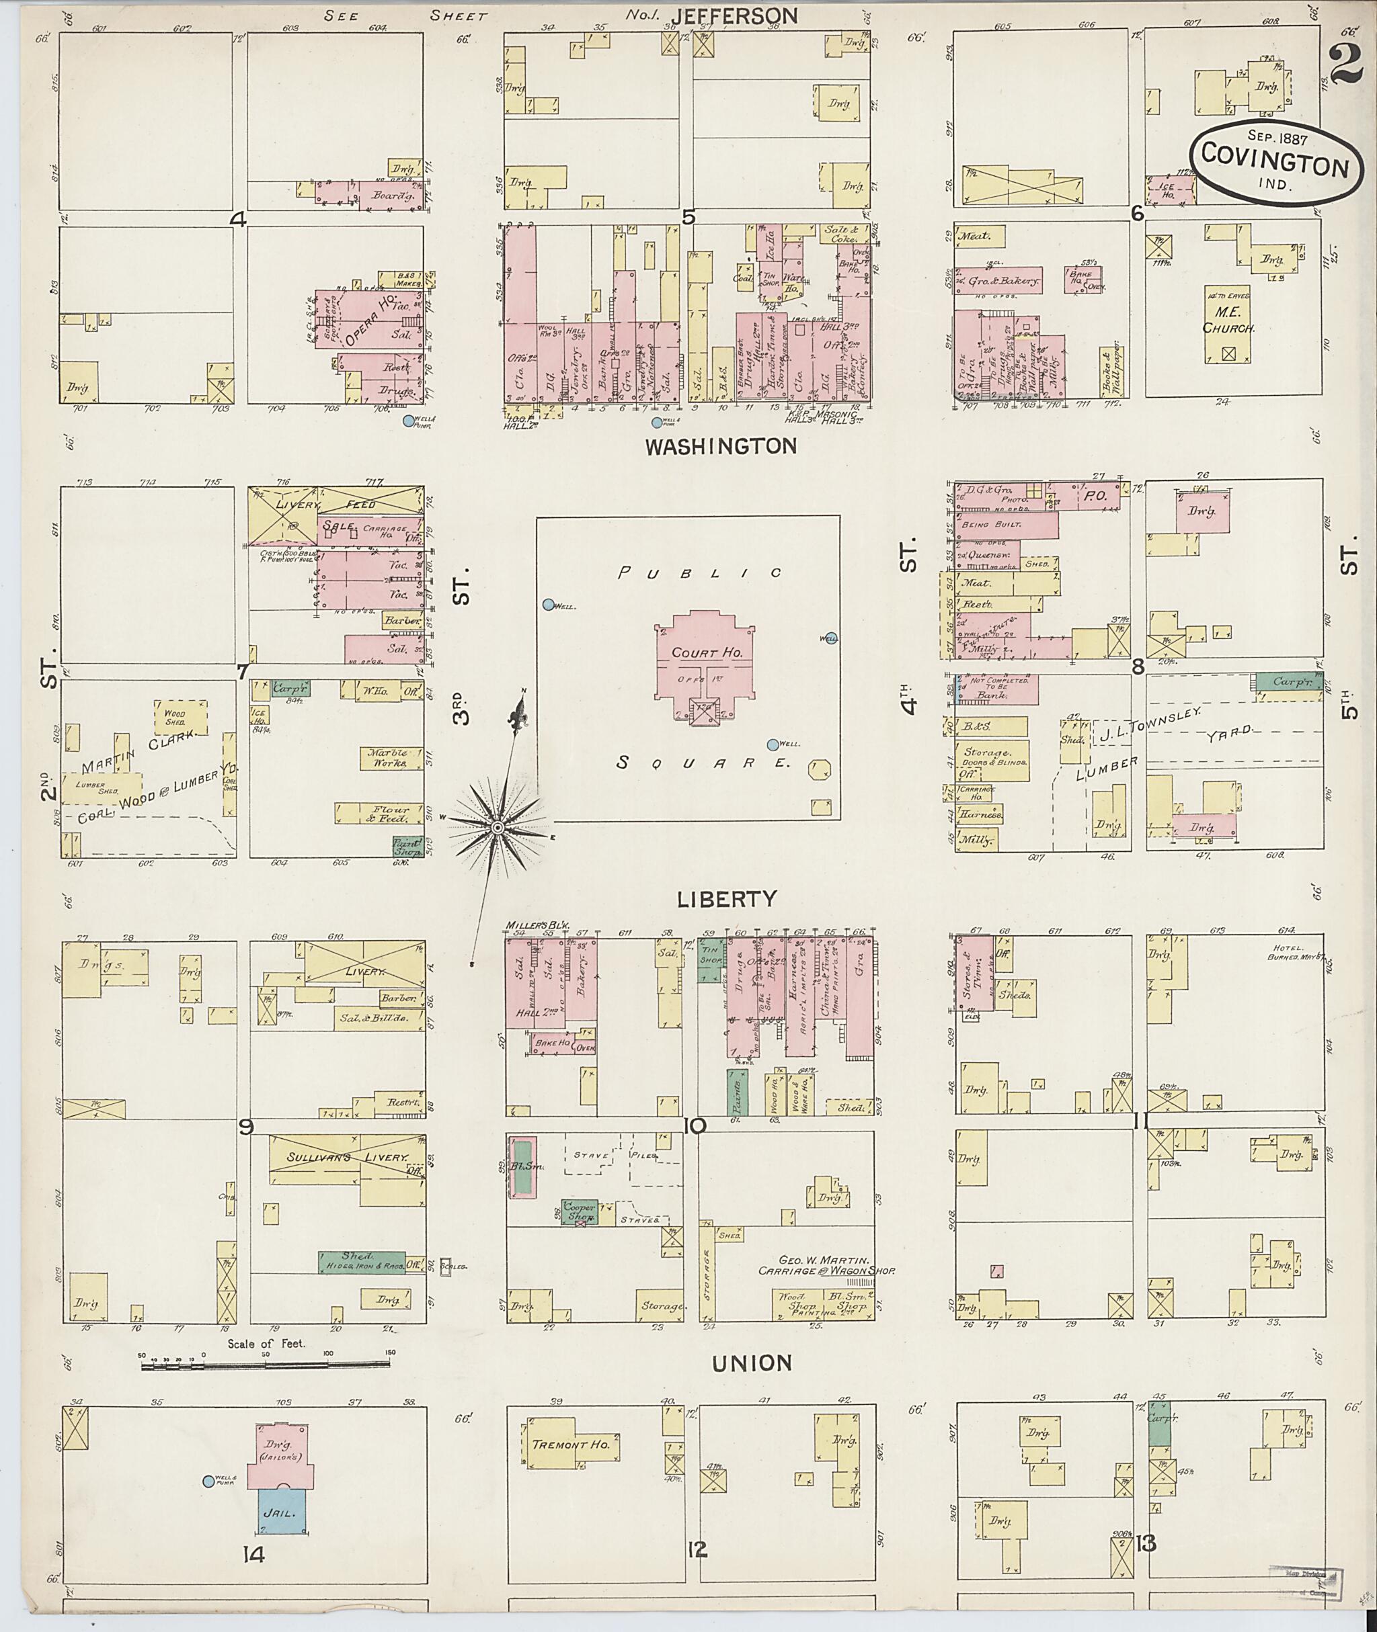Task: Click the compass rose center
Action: (x=498, y=827)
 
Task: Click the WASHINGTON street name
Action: (x=721, y=446)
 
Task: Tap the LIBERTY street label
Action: (x=726, y=900)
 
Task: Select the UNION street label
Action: (x=752, y=1363)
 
